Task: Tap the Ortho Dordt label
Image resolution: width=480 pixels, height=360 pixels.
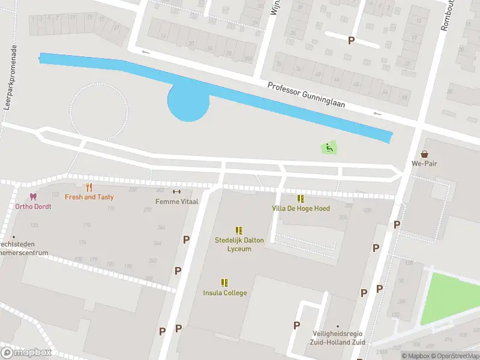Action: click(x=33, y=206)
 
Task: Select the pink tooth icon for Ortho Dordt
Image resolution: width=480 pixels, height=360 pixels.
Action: click(x=33, y=197)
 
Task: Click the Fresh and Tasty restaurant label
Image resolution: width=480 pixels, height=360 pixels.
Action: click(x=89, y=197)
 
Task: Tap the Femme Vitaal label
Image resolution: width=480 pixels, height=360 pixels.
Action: click(x=176, y=202)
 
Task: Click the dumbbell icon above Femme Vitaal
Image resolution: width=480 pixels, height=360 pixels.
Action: click(x=176, y=192)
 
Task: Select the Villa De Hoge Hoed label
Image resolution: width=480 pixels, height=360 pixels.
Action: click(x=301, y=208)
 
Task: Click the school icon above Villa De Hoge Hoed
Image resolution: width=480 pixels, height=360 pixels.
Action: click(x=301, y=199)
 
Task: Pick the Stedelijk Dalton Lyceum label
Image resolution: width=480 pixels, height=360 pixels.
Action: click(x=239, y=244)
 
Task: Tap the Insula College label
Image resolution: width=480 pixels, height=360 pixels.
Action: click(x=224, y=293)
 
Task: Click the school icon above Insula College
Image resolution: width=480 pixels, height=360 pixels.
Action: click(x=224, y=283)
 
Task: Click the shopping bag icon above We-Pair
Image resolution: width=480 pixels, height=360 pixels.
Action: click(x=425, y=154)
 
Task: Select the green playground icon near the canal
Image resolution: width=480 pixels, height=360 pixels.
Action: click(x=329, y=147)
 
